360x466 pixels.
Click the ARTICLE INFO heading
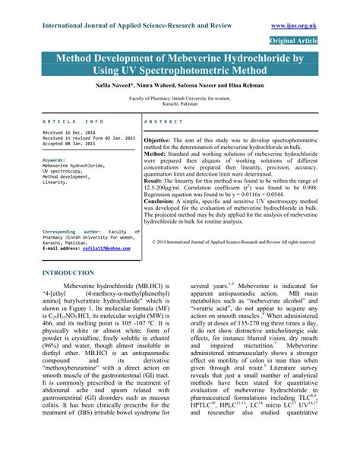click(x=74, y=122)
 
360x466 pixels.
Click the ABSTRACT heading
click(x=163, y=122)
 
